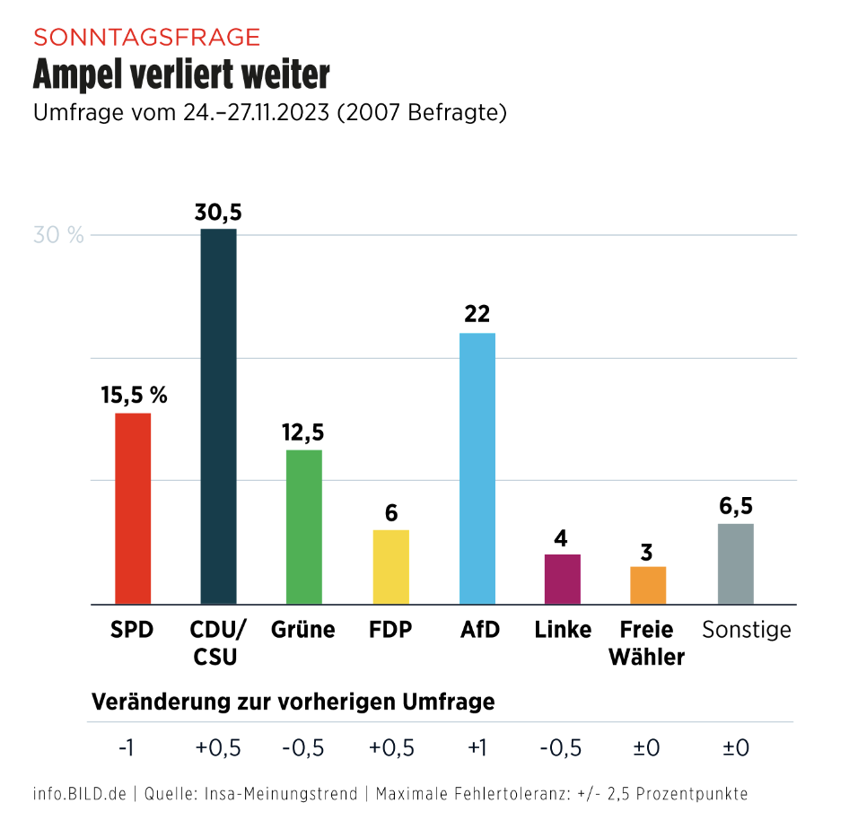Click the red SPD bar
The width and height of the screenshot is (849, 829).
[133, 509]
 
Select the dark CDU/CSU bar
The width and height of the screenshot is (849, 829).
[218, 416]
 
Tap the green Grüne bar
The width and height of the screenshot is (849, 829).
[303, 527]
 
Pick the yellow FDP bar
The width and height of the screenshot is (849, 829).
[390, 567]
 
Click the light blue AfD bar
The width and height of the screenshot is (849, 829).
[477, 468]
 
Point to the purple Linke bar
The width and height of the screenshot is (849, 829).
[563, 579]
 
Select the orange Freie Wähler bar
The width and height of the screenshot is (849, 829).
[648, 585]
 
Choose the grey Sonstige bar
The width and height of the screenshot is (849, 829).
[736, 563]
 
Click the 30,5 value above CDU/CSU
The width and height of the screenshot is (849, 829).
[219, 213]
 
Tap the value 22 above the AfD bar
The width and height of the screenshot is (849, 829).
[477, 315]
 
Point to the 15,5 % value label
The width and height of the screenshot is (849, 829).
[134, 395]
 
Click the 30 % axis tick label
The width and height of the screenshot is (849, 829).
[58, 236]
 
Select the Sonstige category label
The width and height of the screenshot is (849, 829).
[746, 630]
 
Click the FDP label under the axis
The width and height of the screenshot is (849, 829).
[390, 630]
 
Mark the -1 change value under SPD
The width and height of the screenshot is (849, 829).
[127, 747]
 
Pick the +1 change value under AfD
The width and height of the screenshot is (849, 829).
[477, 747]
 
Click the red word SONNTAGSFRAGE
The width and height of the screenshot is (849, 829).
[146, 37]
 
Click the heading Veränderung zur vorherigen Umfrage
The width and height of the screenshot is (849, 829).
[293, 702]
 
